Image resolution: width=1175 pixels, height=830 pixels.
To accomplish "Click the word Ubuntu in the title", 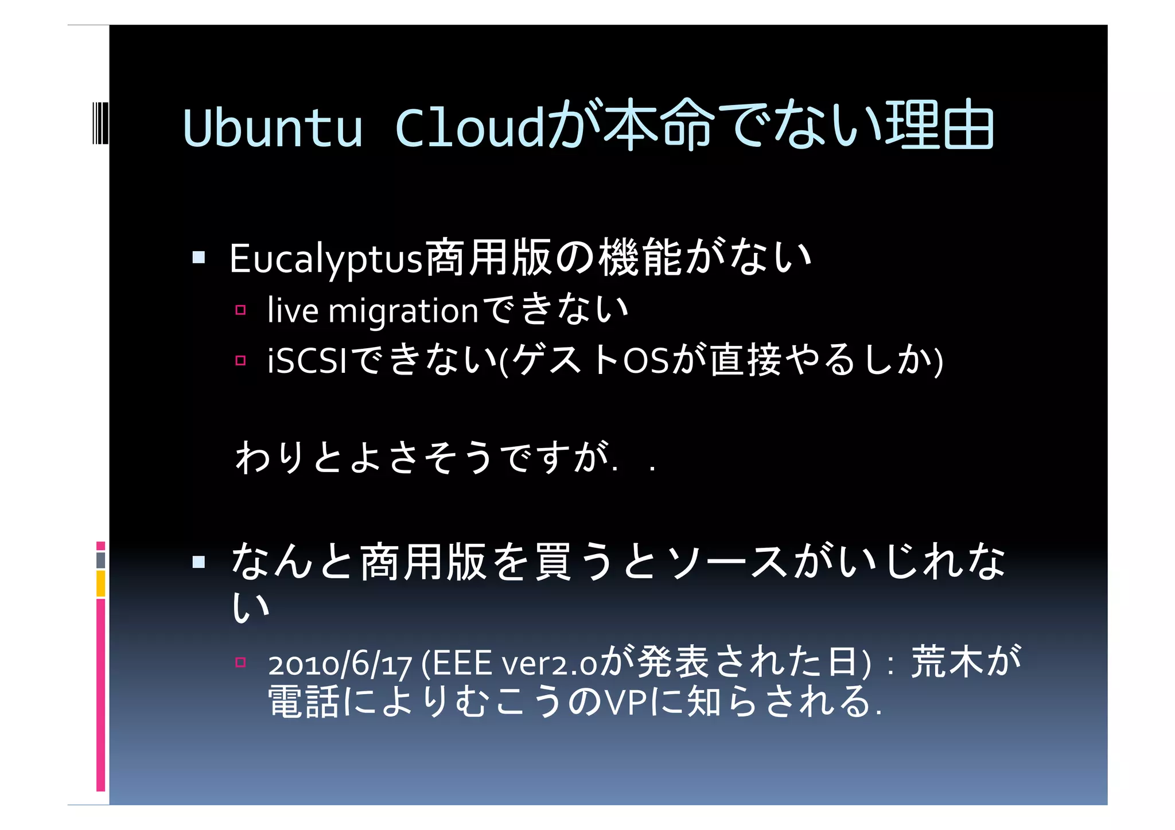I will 273,127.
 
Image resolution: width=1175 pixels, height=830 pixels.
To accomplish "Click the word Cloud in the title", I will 469,127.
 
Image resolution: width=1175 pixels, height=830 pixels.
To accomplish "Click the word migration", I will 403,311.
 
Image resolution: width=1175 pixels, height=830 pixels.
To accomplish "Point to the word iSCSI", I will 308,362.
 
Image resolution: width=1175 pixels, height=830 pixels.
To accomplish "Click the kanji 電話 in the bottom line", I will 304,702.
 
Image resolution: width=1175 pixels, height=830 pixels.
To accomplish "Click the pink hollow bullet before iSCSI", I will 240,361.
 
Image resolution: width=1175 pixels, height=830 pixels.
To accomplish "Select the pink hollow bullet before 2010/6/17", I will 240,663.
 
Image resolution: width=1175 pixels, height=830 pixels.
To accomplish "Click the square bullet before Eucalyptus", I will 199,257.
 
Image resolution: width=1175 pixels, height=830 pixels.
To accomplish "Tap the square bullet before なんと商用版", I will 199,562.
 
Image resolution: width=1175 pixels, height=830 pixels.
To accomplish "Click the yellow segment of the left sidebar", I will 100,583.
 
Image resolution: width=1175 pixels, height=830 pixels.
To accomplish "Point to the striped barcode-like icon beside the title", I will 100,122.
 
